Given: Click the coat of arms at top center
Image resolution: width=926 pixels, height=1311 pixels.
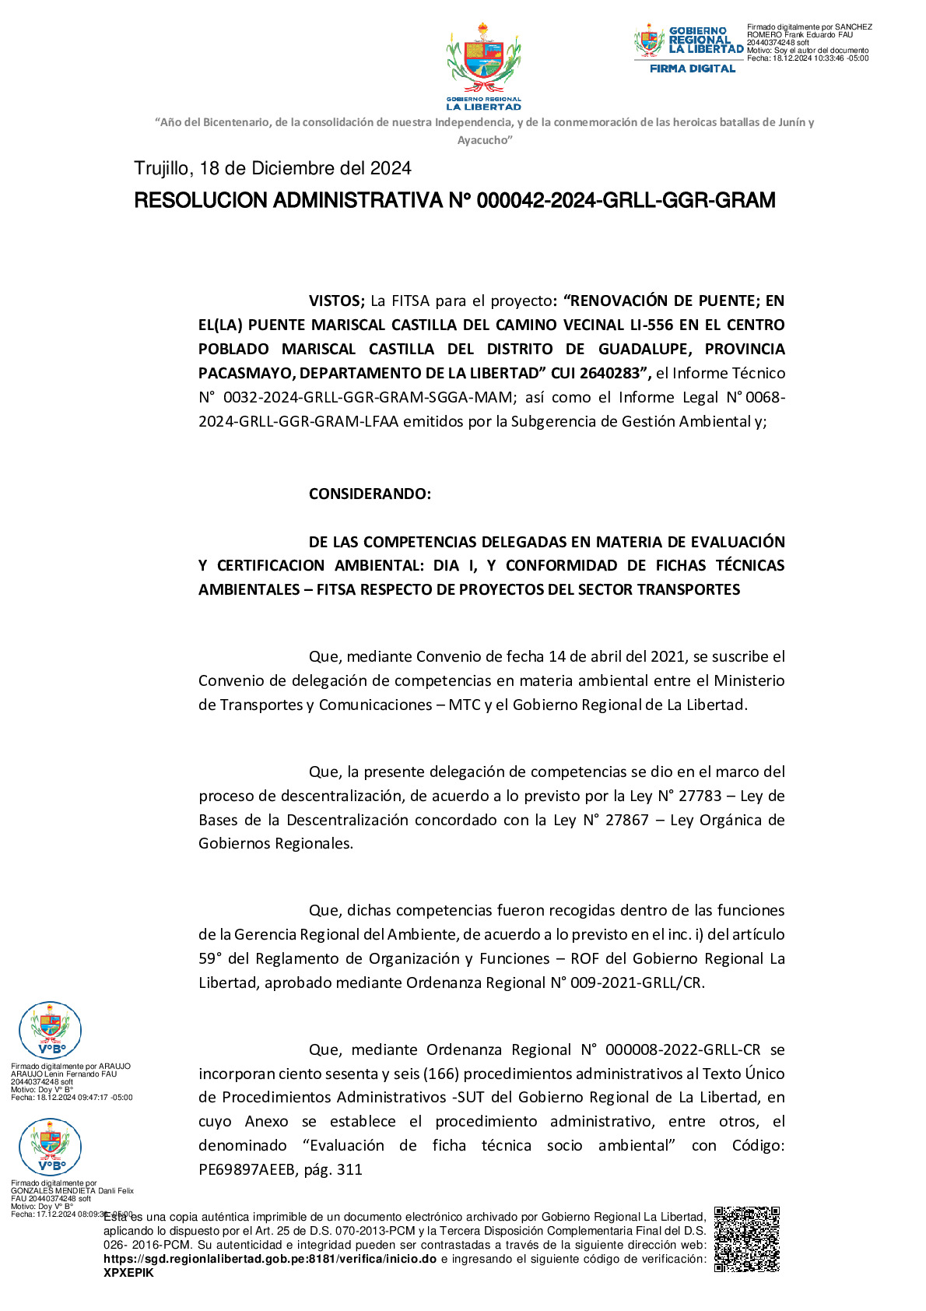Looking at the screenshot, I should (483, 66).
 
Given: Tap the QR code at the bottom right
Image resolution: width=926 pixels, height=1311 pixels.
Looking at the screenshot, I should (746, 1239).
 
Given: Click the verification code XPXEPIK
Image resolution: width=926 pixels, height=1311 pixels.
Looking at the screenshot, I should (128, 1273).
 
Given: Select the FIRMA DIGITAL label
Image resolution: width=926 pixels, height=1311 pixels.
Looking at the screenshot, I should (693, 69).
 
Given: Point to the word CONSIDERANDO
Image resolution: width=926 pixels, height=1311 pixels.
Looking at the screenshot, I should (370, 494).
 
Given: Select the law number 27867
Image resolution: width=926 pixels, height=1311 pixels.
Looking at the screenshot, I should (626, 820).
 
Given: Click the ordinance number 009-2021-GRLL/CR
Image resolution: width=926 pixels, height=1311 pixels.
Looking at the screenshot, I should (636, 982).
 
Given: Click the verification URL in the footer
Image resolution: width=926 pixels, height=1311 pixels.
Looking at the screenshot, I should (270, 1259).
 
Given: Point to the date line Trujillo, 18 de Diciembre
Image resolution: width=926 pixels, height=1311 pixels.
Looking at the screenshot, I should (272, 169).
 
